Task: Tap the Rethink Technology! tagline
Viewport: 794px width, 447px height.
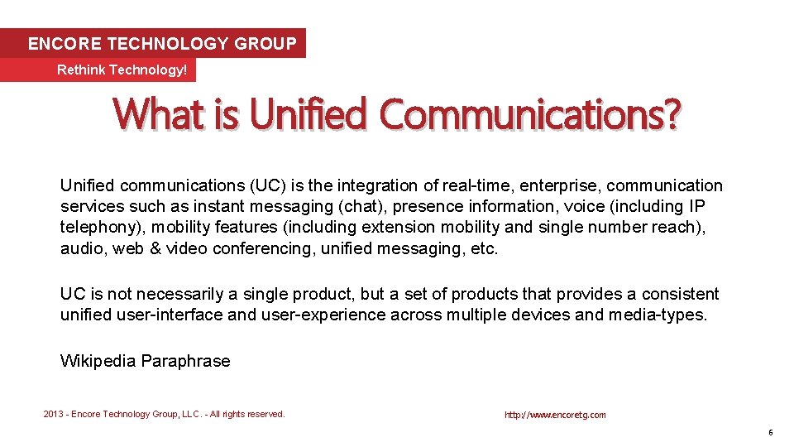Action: pyautogui.click(x=122, y=70)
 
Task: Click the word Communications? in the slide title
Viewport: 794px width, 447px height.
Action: pyautogui.click(x=530, y=114)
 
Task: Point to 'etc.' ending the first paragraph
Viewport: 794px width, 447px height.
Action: pyautogui.click(x=483, y=248)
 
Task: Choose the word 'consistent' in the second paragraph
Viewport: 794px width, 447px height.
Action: pyautogui.click(x=679, y=294)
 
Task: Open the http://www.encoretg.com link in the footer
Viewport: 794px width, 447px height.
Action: pyautogui.click(x=555, y=415)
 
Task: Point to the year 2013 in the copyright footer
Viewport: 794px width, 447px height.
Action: pyautogui.click(x=54, y=414)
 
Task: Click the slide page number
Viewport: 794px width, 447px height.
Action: pyautogui.click(x=770, y=432)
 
